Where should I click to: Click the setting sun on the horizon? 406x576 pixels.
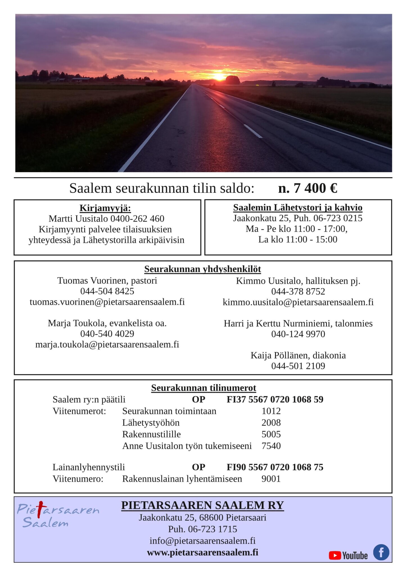219,76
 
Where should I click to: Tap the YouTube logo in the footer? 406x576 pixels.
348,555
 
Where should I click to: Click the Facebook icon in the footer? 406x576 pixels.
381,552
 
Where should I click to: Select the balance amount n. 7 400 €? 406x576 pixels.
308,188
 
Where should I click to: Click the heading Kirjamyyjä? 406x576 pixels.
105,208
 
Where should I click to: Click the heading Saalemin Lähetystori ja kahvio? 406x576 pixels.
298,208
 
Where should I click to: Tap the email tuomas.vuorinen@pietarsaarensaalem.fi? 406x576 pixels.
107,302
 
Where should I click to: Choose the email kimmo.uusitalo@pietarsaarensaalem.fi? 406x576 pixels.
298,302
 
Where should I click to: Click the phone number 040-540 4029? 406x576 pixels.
107,334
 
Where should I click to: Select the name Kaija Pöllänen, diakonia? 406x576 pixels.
298,355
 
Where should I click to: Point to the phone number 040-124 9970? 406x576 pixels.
298,334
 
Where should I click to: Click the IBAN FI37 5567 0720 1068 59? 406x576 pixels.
275,399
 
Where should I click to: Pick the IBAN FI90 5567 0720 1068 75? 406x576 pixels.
275,467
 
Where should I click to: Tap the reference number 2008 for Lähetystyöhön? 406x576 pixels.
271,423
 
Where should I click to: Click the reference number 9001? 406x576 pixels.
271,479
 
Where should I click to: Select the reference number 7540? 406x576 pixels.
271,446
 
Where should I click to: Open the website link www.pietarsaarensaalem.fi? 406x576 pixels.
202,552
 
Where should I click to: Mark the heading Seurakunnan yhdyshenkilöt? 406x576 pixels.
202,269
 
